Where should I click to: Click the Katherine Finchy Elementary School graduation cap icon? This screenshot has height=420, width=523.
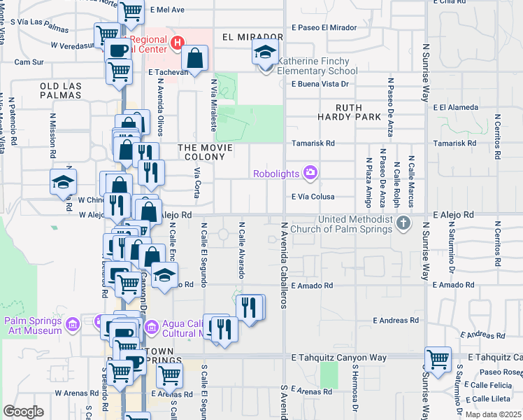point(266,52)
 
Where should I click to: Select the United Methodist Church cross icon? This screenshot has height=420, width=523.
point(403,224)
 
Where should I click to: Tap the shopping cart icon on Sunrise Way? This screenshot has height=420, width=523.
point(438,360)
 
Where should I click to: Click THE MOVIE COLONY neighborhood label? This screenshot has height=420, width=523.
point(210,148)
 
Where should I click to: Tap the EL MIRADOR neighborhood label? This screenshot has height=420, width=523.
point(252,36)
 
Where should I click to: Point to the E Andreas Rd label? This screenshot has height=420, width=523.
point(396,320)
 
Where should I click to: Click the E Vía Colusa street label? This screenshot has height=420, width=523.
point(313,197)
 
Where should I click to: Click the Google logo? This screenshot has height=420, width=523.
point(23,412)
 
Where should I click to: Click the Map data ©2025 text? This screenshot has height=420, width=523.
point(492,414)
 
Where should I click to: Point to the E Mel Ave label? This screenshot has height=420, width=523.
point(167,10)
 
